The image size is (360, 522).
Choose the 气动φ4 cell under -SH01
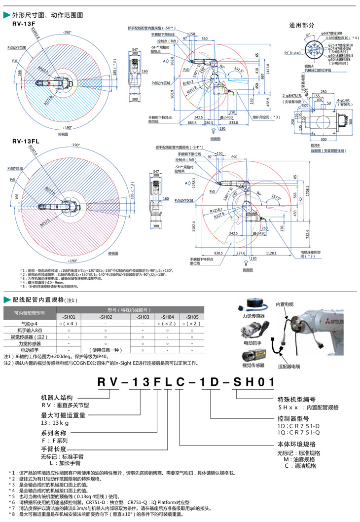tap(68, 323)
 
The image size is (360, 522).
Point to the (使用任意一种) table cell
tap(105, 349)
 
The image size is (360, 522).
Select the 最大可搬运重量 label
tap(61, 415)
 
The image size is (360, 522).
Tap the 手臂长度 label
tap(53, 449)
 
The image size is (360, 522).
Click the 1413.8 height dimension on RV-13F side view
tap(268, 67)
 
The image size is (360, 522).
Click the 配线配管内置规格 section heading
tap(52, 299)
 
